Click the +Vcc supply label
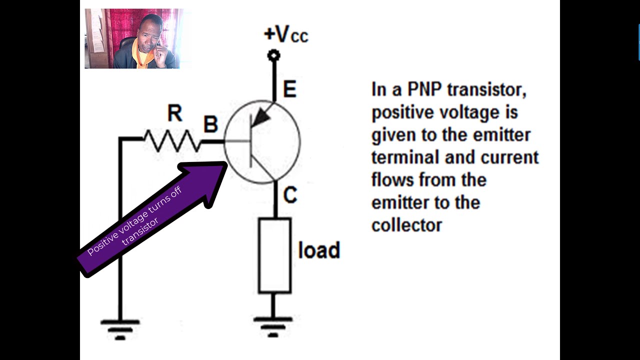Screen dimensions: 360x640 pyautogui.click(x=285, y=34)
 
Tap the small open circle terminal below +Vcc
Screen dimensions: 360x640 pyautogui.click(x=273, y=55)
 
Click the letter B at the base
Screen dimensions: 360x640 pyautogui.click(x=210, y=124)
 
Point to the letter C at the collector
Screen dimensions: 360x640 pyautogui.click(x=290, y=195)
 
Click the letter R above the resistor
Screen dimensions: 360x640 pyautogui.click(x=174, y=114)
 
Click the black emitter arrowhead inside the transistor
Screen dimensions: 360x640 pyautogui.click(x=260, y=118)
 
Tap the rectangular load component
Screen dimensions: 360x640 pyautogui.click(x=274, y=255)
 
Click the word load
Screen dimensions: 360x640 pyautogui.click(x=319, y=250)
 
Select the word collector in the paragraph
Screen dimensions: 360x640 pyautogui.click(x=406, y=225)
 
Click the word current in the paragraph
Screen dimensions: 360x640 pyautogui.click(x=509, y=157)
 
